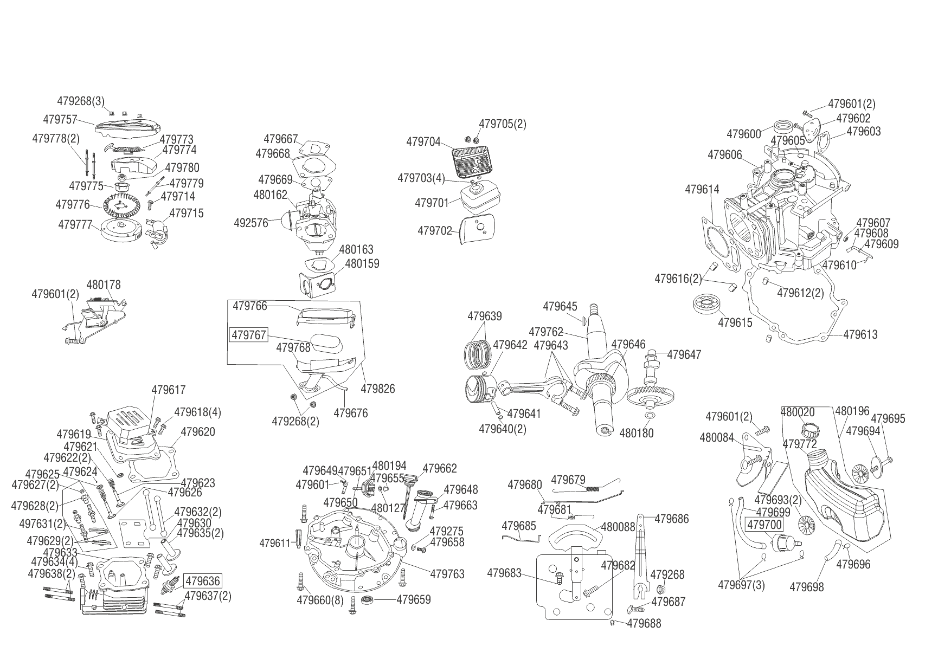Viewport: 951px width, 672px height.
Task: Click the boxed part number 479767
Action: [249, 335]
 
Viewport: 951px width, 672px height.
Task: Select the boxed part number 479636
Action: [203, 581]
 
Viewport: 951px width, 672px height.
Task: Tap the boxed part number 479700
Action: [764, 525]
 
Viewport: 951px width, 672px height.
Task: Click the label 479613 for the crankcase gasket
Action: [860, 334]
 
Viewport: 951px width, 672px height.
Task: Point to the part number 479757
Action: [60, 119]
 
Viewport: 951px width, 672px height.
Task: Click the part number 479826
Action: [378, 389]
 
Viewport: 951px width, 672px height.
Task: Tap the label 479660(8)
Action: [320, 600]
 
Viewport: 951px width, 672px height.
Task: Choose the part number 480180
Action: [637, 433]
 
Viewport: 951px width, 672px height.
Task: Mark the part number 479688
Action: [644, 624]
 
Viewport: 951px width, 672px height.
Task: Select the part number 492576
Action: [251, 223]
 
